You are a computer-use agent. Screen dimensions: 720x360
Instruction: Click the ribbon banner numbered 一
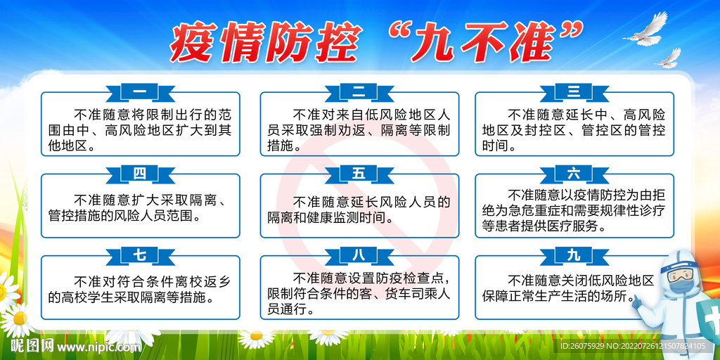coord(141,93)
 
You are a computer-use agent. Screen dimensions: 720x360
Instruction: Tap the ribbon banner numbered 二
coord(359,93)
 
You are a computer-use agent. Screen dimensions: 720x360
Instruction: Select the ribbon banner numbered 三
coord(574,93)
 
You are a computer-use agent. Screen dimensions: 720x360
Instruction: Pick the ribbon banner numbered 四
coord(141,174)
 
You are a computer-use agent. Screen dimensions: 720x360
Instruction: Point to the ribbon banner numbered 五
coord(359,174)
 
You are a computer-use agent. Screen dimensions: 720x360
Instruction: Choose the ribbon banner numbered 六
coord(574,174)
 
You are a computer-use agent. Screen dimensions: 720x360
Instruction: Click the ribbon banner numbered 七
coord(141,256)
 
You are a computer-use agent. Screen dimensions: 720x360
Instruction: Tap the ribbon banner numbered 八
coord(359,256)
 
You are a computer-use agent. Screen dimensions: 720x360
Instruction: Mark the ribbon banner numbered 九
coord(574,256)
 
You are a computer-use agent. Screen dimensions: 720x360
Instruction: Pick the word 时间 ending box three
coord(495,146)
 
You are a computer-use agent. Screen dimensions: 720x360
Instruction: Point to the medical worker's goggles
coord(680,274)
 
